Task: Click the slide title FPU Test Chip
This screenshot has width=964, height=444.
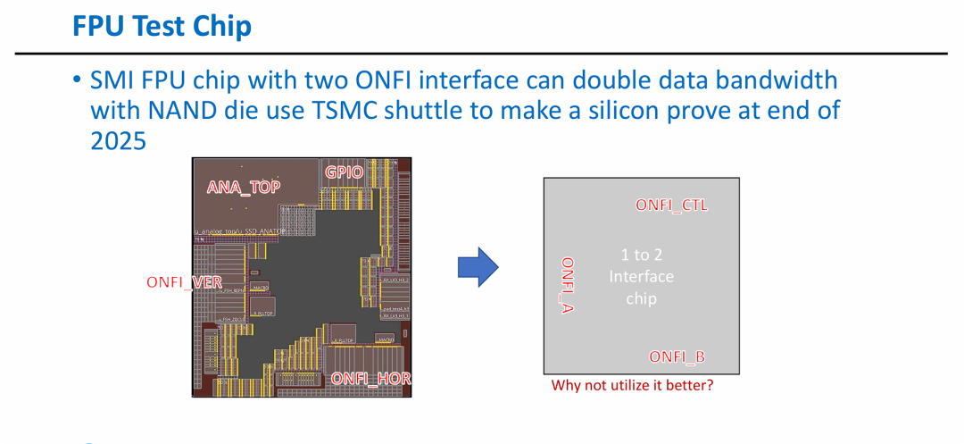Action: pos(162,26)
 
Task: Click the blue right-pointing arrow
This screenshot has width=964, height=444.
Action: pos(477,266)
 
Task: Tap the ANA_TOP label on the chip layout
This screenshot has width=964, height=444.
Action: pos(244,187)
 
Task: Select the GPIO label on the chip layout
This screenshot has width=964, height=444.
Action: pos(345,172)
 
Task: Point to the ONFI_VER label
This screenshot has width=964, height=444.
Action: pos(184,282)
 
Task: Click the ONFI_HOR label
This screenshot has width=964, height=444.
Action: pos(370,379)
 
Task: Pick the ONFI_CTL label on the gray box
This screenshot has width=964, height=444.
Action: pos(671,205)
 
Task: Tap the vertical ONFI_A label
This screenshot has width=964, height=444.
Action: pos(567,285)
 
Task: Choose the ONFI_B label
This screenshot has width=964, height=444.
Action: pos(677,356)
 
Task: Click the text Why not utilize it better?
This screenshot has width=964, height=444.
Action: pos(632,386)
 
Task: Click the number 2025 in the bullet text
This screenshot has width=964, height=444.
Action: pos(118,140)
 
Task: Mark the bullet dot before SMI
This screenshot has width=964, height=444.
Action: pos(78,80)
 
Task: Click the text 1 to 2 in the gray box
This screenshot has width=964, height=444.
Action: pos(642,255)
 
